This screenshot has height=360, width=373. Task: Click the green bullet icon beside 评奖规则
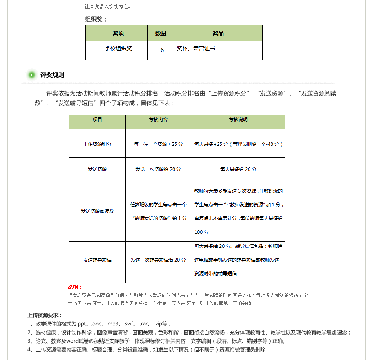[x=32, y=75]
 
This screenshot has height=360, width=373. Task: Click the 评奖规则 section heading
[x=52, y=75]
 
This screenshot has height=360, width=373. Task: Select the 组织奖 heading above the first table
[x=96, y=19]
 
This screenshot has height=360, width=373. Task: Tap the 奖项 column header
[x=118, y=33]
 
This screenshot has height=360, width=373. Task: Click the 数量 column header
[x=161, y=33]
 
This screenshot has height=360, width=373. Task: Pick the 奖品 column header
[x=218, y=33]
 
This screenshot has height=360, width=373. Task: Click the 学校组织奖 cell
[x=118, y=48]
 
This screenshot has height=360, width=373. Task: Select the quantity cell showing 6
[x=162, y=50]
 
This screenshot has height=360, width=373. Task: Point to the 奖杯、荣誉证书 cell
[x=196, y=48]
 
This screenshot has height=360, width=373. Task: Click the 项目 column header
[x=97, y=120]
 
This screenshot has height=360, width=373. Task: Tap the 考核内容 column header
[x=158, y=120]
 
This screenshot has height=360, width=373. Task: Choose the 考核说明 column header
[x=238, y=120]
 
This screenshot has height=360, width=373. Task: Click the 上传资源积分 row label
[x=97, y=144]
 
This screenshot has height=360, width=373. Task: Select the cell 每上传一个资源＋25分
[x=158, y=144]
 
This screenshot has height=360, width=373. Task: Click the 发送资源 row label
[x=97, y=169]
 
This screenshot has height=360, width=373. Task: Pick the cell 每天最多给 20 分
[x=238, y=169]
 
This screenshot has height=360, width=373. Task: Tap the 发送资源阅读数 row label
[x=97, y=211]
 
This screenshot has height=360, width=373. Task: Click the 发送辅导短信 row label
[x=97, y=260]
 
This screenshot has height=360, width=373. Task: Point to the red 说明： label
[x=75, y=287]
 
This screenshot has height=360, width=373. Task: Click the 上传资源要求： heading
[x=45, y=315]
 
